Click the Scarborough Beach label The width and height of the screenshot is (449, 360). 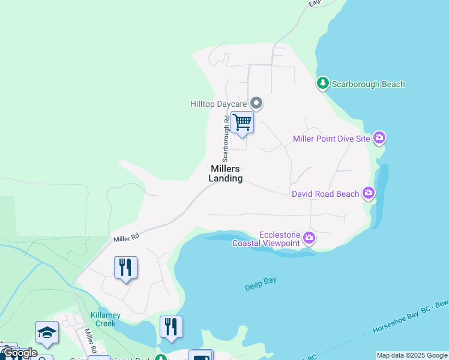368,85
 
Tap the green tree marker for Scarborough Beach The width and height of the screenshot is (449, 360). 323,83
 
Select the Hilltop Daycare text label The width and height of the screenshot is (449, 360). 218,104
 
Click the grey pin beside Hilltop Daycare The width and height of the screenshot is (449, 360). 256,103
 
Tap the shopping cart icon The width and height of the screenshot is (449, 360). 242,122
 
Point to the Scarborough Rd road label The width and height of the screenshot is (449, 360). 226,139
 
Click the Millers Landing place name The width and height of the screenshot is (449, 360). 226,173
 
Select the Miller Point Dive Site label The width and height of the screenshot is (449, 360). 331,139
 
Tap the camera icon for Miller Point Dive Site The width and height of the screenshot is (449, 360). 379,139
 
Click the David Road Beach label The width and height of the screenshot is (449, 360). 325,194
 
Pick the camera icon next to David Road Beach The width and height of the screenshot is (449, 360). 369,193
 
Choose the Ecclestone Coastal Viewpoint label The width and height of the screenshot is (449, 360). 279,239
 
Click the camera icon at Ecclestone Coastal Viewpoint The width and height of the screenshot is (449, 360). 309,238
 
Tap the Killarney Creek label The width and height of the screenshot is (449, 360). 106,319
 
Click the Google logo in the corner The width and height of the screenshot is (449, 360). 19,353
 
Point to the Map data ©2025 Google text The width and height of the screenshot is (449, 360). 412,355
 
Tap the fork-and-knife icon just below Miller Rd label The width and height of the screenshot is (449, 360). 125,267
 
